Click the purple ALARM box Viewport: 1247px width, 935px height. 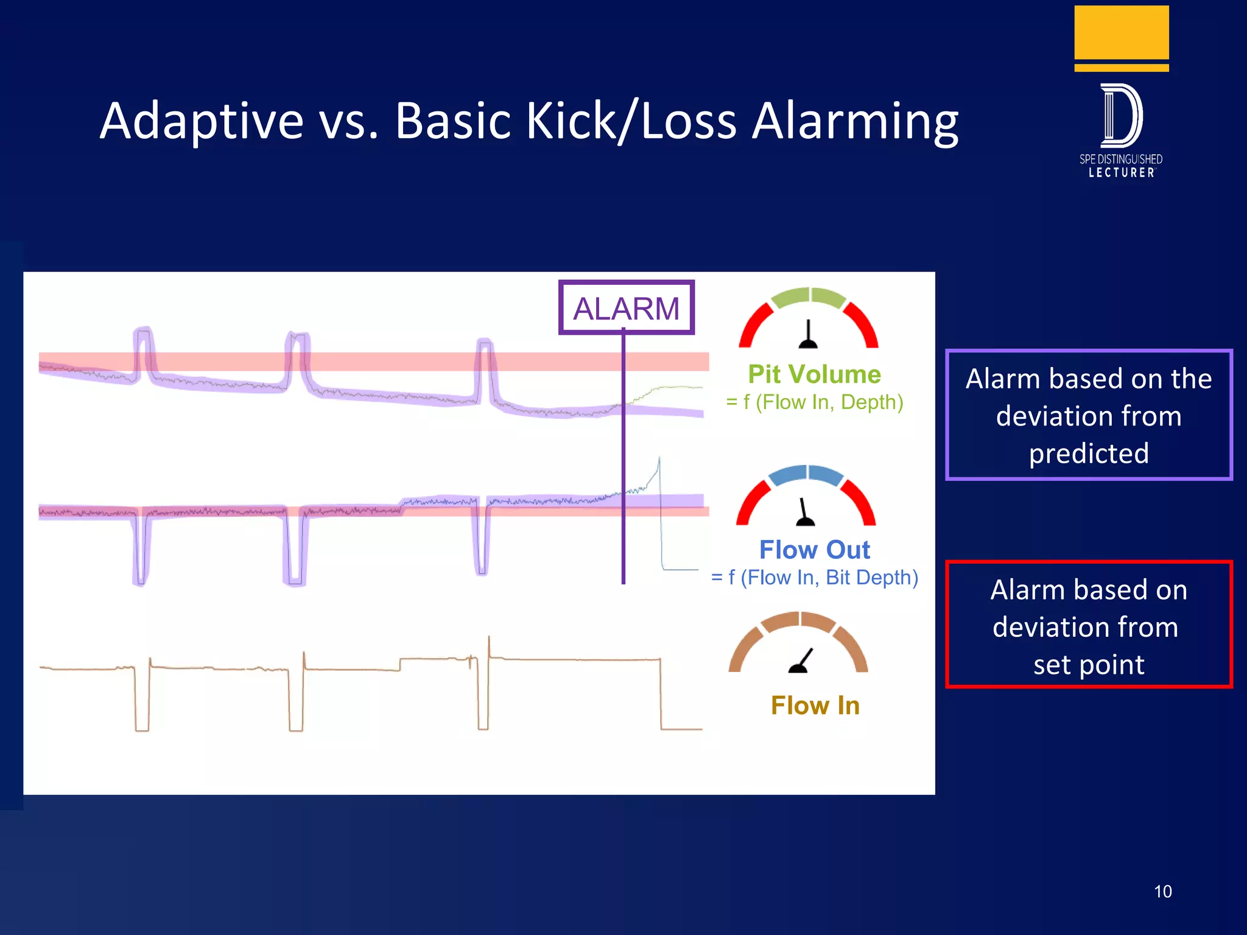coord(626,307)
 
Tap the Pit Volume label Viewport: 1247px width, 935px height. coord(814,374)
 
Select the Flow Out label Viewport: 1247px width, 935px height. coord(814,550)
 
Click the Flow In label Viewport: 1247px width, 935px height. coord(815,705)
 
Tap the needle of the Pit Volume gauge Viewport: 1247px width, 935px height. coord(808,336)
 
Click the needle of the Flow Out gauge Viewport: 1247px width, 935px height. coord(804,513)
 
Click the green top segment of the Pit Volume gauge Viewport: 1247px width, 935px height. coord(809,296)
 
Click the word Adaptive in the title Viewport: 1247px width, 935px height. coord(202,122)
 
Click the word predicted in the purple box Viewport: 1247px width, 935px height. coord(1089,453)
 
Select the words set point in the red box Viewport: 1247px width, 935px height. coord(1089,665)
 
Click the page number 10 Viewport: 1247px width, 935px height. coord(1162,892)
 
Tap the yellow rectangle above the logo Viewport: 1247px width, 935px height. coord(1121,33)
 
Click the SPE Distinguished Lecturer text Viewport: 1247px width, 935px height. coord(1121,166)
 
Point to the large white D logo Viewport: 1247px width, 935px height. coord(1121,116)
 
